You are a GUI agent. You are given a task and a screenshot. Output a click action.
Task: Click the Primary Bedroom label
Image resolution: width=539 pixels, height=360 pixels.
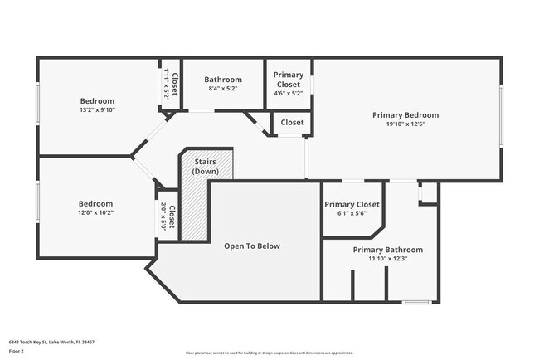click(405, 115)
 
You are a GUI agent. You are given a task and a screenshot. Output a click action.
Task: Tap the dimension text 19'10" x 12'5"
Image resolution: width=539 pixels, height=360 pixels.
click(405, 124)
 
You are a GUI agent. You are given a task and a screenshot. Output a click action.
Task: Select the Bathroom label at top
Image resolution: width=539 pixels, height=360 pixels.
click(223, 80)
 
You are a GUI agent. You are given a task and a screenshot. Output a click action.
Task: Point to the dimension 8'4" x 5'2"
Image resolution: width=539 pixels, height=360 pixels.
click(223, 89)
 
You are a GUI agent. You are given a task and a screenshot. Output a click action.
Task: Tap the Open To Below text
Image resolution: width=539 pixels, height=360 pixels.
click(252, 246)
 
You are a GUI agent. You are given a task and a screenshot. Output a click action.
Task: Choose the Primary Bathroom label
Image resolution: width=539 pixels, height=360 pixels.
click(387, 250)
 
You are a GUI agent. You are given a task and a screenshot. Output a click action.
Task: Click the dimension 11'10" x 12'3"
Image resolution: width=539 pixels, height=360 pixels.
click(387, 259)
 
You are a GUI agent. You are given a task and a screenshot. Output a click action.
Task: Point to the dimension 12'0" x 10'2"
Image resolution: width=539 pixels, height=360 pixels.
click(96, 212)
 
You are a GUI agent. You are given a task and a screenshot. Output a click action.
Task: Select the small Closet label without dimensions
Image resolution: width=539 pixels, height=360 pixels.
click(292, 123)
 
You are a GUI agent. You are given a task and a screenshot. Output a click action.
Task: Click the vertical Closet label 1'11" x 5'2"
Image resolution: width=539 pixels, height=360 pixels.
click(171, 84)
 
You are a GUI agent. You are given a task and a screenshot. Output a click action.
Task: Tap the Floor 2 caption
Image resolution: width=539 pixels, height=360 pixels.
click(17, 351)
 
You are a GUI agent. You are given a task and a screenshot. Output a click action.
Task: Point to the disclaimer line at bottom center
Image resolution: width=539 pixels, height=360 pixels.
click(269, 352)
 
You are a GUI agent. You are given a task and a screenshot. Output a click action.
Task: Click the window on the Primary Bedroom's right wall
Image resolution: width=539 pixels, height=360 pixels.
click(501, 116)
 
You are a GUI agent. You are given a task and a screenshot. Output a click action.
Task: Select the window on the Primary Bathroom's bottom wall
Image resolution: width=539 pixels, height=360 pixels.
click(415, 301)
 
